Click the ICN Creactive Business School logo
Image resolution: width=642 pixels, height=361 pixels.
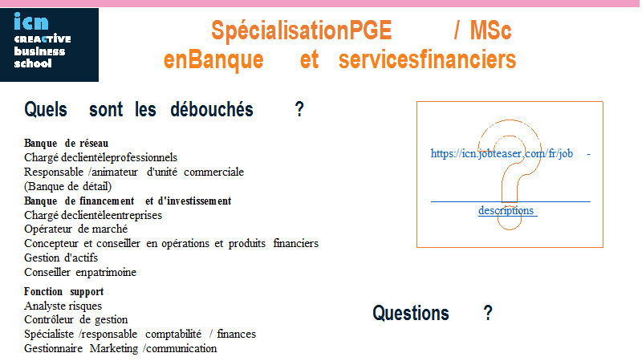coord(49,45)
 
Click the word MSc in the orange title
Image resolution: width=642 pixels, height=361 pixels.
coord(490,30)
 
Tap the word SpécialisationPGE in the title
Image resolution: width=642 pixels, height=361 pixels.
coord(302,30)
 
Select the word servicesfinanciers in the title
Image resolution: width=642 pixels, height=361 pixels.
coord(427,59)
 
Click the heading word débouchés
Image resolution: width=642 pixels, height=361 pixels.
coord(212,110)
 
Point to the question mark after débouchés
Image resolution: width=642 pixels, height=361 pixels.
coord(299,110)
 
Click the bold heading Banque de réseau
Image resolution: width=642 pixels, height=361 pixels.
coord(67,144)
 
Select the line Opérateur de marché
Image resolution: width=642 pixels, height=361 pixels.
coord(75,229)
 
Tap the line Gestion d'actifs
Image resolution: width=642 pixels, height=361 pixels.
coord(61,258)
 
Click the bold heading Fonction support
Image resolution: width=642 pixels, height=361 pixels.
coord(64,291)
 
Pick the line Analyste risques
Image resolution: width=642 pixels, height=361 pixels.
coord(63,306)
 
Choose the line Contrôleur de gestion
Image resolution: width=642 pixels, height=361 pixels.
coord(75,319)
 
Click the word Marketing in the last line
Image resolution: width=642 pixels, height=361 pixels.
coord(114,349)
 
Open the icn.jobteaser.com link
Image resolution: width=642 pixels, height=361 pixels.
coord(502,153)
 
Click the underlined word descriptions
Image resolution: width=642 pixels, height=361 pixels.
coord(506,210)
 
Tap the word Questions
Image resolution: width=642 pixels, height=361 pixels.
coord(411,314)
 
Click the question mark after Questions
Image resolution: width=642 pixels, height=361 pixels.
coord(488,313)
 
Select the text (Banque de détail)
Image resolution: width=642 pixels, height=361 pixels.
coord(68,187)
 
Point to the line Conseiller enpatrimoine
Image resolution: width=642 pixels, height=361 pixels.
coord(80,272)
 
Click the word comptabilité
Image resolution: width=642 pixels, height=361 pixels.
coord(173,335)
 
